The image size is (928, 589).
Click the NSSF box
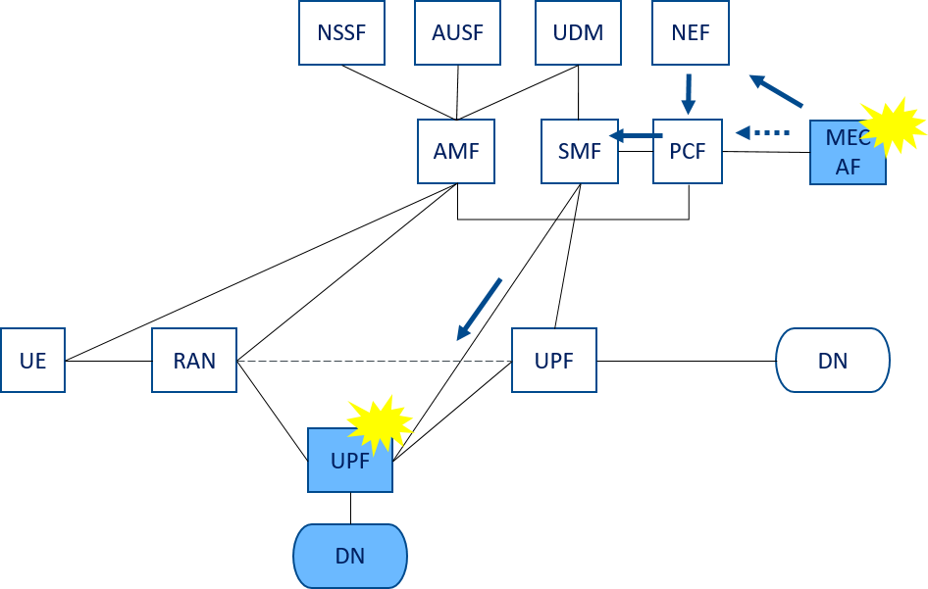[341, 32]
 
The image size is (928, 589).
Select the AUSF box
[457, 32]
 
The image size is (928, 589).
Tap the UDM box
[578, 32]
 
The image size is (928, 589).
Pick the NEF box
[691, 32]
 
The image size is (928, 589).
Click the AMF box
[456, 151]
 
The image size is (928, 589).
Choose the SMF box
[580, 151]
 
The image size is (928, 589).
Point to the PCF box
[688, 151]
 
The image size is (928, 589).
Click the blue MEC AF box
[848, 153]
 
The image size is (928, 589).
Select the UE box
[32, 360]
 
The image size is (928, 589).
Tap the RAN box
[194, 360]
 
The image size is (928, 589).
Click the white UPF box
[554, 360]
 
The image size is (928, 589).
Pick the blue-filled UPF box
[350, 460]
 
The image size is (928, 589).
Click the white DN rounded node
[833, 360]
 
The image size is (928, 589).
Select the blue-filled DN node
[350, 556]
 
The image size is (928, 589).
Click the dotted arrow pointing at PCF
[762, 133]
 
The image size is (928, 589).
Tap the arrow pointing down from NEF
[688, 94]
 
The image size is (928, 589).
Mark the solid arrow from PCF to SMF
[636, 136]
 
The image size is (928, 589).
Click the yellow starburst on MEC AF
[893, 126]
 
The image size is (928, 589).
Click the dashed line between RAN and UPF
[374, 361]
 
